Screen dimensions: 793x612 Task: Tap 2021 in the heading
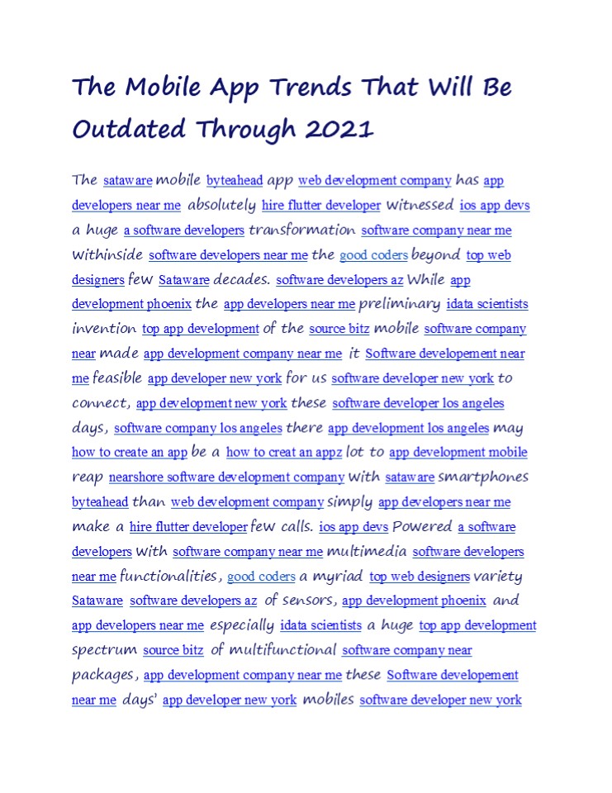[x=339, y=129]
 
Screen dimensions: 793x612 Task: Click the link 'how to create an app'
[x=130, y=453]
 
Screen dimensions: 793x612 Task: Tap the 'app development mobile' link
[x=458, y=453]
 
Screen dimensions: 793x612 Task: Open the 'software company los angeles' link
[x=198, y=428]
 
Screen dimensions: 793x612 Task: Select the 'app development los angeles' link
[x=408, y=428]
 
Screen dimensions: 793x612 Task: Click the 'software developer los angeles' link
[x=418, y=403]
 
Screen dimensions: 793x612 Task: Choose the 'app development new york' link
[x=211, y=403]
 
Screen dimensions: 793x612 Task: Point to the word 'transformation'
[x=302, y=230]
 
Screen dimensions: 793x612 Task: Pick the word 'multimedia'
[x=366, y=551]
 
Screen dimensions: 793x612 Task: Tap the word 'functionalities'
[x=170, y=576]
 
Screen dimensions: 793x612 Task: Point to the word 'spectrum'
[x=104, y=650]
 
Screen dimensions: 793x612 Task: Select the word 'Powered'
[x=422, y=526]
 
